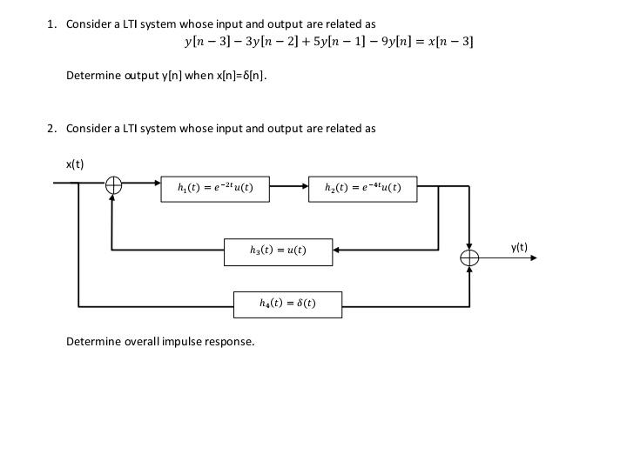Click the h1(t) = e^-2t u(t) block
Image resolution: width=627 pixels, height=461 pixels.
click(215, 189)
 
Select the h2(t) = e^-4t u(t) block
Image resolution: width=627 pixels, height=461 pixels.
click(362, 189)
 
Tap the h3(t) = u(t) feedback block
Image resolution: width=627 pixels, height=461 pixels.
click(278, 251)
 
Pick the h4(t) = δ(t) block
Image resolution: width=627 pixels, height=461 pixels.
click(287, 304)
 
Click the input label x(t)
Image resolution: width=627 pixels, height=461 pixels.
click(75, 164)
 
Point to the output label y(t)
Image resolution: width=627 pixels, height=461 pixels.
click(519, 248)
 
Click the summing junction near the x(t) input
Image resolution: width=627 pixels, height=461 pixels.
click(114, 185)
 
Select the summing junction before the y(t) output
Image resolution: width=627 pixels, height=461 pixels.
click(470, 257)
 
